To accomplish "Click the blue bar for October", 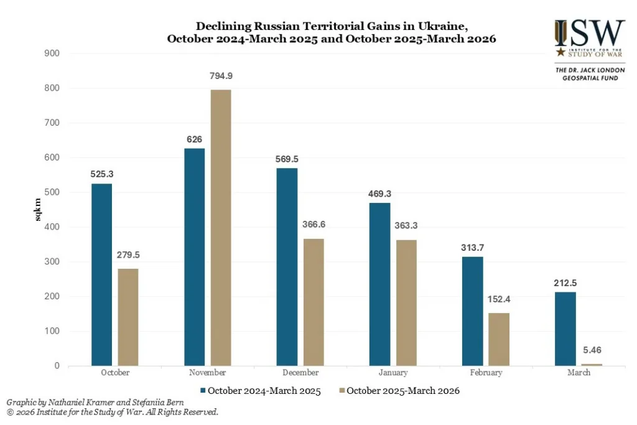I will (101, 274).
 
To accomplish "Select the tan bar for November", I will (220, 228).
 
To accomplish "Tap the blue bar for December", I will (287, 267).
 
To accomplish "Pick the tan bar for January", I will (406, 302).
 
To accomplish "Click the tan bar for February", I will (500, 339).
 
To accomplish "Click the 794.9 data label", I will (221, 77).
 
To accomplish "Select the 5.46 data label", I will (592, 351).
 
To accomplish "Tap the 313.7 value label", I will (473, 248).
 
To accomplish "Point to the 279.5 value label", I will (128, 255).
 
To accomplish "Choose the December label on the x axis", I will (300, 373).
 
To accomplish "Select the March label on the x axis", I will (579, 373).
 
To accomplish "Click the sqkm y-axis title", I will (38, 210).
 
